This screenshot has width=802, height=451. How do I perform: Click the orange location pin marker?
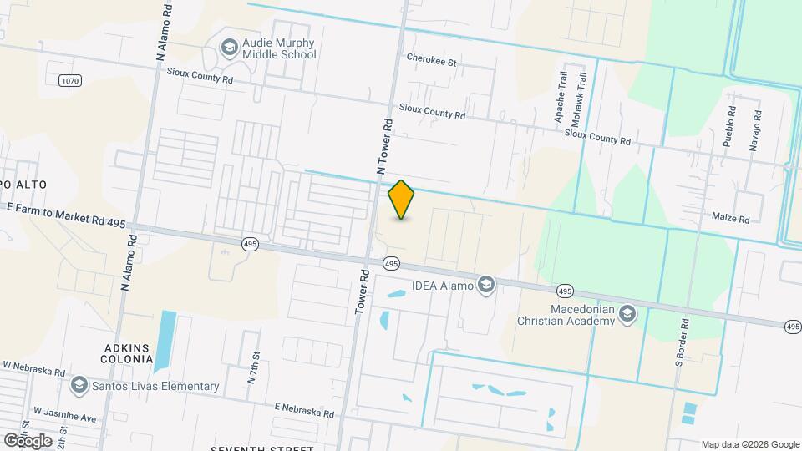(402, 200)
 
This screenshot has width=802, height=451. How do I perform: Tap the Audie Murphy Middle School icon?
(227, 48)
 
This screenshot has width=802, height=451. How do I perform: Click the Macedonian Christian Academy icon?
(628, 314)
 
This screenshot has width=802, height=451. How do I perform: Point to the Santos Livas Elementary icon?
(79, 386)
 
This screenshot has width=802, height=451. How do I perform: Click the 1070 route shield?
(71, 80)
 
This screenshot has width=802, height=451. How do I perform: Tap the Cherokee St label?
(431, 61)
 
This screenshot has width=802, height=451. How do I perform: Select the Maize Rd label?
(731, 219)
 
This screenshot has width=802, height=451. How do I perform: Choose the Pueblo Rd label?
(729, 126)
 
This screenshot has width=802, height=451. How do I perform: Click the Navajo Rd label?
(754, 130)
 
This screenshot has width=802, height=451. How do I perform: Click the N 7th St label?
(251, 367)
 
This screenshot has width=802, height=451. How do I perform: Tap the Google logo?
(26, 441)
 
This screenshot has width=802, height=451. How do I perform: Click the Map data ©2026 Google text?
(750, 444)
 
